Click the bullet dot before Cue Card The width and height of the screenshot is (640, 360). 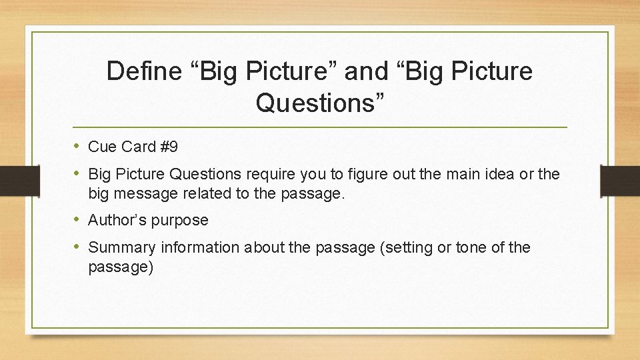click(78, 146)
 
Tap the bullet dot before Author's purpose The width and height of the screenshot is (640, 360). click(78, 219)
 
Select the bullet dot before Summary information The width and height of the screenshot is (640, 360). click(78, 247)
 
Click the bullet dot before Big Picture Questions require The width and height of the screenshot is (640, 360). click(78, 174)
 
